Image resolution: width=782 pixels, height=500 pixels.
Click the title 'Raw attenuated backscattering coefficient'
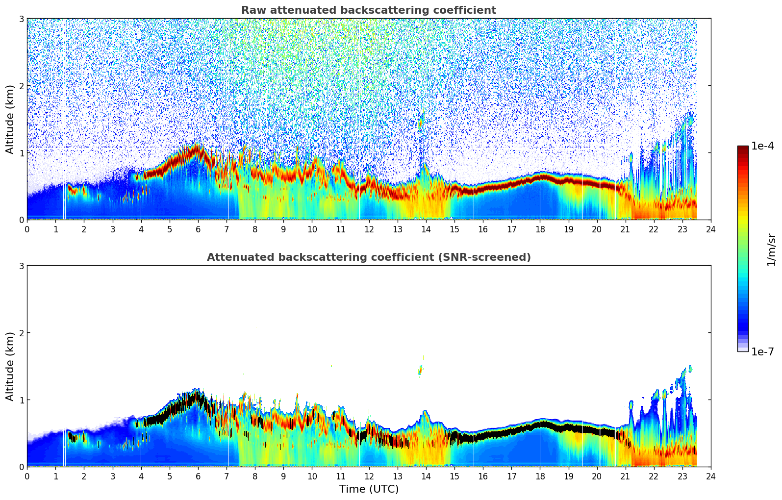pos(368,10)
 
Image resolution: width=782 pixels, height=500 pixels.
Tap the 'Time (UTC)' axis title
pos(369,489)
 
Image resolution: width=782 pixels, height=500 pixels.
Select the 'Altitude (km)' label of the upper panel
pos(10,119)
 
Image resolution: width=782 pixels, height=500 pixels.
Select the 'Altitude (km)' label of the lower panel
pos(10,366)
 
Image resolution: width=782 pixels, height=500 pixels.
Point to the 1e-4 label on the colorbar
pos(762,146)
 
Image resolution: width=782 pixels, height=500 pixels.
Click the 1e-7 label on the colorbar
pos(762,351)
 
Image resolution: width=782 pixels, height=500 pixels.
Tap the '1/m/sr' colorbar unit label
pos(771,250)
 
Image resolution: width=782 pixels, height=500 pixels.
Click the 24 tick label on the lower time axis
pos(710,476)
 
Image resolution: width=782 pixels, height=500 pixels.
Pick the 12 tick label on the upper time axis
pos(369,229)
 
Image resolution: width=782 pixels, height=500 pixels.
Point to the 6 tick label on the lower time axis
pos(198,476)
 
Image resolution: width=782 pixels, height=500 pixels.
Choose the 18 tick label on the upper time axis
pos(540,229)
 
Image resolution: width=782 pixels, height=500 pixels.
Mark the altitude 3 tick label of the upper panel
pos(22,19)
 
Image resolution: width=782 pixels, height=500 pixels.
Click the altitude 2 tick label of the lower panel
pos(22,333)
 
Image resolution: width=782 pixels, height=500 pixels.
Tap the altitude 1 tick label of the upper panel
pos(22,153)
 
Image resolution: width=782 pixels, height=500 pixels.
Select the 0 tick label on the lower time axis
pos(27,476)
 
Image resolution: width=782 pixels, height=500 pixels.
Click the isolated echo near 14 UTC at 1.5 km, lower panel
pos(420,370)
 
